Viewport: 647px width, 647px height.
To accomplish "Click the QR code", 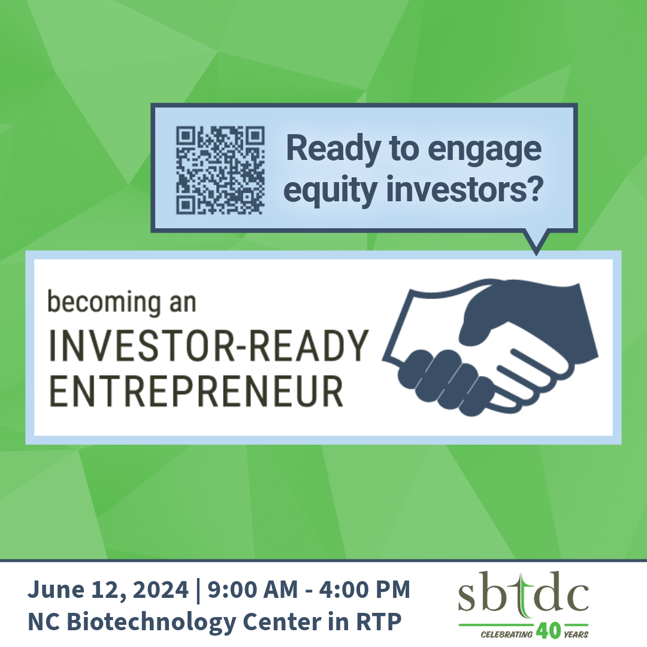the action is coord(220,170).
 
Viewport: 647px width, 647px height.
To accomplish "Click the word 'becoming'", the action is coord(104,303).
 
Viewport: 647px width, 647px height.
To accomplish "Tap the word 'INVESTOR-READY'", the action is coord(208,346).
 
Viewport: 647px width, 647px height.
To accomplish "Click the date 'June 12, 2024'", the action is coord(108,589).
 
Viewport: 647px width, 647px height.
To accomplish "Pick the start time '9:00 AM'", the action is coord(253,589).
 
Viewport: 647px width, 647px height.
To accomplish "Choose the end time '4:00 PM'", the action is coord(365,589).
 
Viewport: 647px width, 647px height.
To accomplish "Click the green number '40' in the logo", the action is coord(548,630).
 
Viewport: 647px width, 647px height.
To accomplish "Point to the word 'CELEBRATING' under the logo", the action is coord(506,634).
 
